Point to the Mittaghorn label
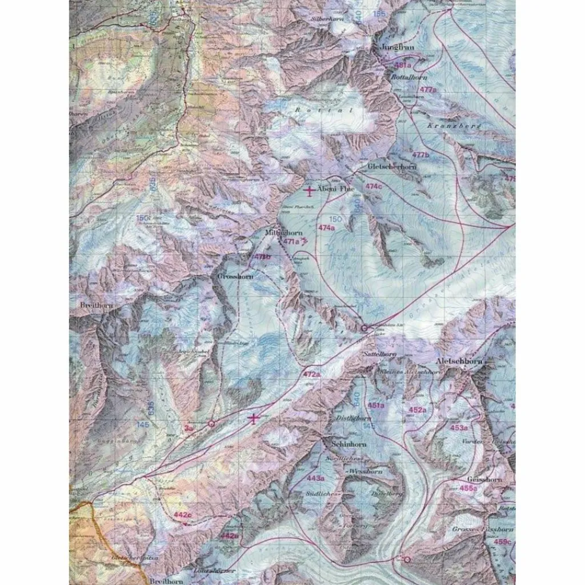pyautogui.click(x=284, y=233)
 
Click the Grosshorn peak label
pyautogui.click(x=235, y=275)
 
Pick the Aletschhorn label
pyautogui.click(x=459, y=362)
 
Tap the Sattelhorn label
pyautogui.click(x=380, y=354)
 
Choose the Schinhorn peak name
pyautogui.click(x=336, y=443)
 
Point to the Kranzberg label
pyautogui.click(x=447, y=125)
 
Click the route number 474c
pyautogui.click(x=374, y=186)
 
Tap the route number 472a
pyautogui.click(x=311, y=375)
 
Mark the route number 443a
pyautogui.click(x=316, y=478)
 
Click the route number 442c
pyautogui.click(x=182, y=515)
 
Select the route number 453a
pyautogui.click(x=459, y=427)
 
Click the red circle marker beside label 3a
pyautogui.click(x=211, y=424)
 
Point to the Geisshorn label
pyautogui.click(x=484, y=479)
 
